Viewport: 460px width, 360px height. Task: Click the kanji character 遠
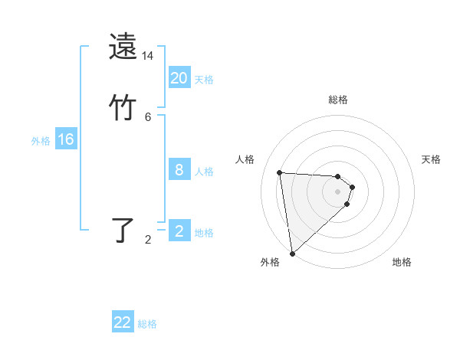(123, 46)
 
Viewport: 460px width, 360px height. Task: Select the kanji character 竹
(123, 106)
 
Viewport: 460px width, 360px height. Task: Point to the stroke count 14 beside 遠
(147, 56)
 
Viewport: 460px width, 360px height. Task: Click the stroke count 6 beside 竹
(147, 117)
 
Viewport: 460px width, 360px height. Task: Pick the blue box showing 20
(179, 78)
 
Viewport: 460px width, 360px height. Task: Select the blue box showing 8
(179, 170)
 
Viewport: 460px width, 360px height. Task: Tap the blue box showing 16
(65, 139)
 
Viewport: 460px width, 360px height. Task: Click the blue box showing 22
(123, 322)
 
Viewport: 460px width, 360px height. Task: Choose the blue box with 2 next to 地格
(179, 231)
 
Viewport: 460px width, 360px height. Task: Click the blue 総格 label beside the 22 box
(147, 324)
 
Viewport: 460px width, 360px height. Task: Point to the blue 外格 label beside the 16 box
(41, 141)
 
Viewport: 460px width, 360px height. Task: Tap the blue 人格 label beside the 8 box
(204, 172)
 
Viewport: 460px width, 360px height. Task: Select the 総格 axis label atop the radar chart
(338, 100)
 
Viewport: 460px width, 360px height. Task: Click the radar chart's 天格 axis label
(432, 159)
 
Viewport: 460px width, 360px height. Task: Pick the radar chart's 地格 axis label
(402, 262)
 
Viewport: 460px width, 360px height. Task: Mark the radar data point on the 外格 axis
(292, 253)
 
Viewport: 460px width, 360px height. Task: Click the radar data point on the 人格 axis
(280, 172)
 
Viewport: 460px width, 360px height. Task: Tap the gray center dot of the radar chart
(338, 191)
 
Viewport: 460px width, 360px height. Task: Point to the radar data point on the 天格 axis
(353, 187)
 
